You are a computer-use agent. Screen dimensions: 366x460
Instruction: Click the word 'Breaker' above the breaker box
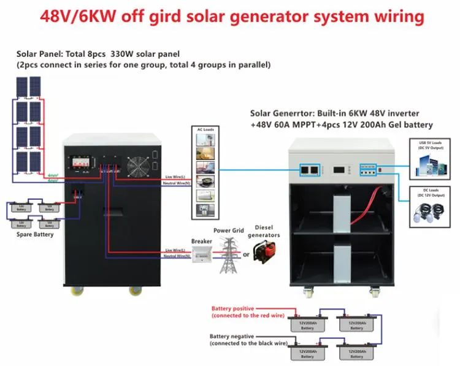(x=201, y=242)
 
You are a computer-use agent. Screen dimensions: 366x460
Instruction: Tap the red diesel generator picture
(x=264, y=252)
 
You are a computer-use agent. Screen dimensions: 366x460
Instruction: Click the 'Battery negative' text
(x=231, y=336)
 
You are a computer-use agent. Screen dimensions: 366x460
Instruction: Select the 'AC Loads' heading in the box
(x=203, y=131)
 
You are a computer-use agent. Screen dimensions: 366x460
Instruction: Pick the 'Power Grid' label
(x=228, y=231)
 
